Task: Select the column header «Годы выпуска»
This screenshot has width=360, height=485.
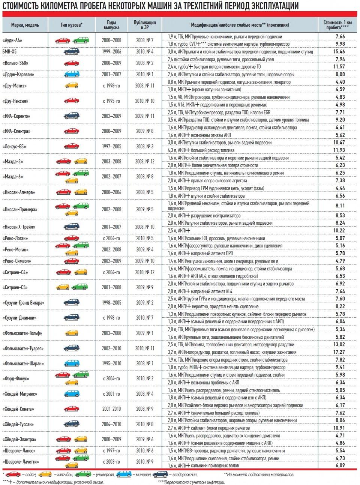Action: tap(111, 25)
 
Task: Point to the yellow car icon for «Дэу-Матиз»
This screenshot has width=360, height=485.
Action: tap(71, 86)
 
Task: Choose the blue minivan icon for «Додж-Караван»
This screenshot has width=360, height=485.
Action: tap(71, 74)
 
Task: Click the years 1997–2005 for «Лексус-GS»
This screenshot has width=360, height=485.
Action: tap(111, 147)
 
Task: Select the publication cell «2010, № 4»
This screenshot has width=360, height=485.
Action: tap(145, 52)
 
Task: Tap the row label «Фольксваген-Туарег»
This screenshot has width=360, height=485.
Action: tap(22, 348)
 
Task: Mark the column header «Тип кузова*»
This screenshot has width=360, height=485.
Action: tap(71, 25)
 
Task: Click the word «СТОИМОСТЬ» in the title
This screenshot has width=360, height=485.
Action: tap(22, 6)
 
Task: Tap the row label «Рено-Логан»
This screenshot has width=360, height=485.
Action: tap(15, 238)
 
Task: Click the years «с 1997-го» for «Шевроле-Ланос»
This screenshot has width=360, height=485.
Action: tap(111, 451)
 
